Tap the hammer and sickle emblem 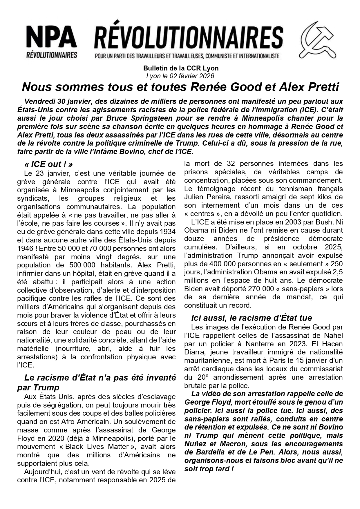[x=318, y=40]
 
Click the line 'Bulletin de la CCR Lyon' [x=181, y=68]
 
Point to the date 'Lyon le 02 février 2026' [x=180, y=76]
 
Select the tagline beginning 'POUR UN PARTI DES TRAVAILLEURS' [x=187, y=55]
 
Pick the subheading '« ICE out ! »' [x=48, y=164]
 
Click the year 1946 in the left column [x=26, y=249]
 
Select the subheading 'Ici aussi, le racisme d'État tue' [x=252, y=318]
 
